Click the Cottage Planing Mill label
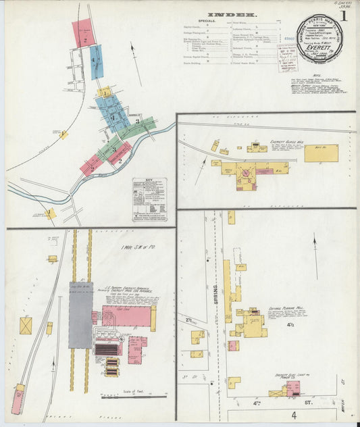coord(282,311)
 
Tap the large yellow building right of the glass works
coord(321,153)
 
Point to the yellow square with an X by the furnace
coord(26,325)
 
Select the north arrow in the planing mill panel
coord(315,246)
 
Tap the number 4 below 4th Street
coord(294,414)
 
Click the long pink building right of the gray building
coord(126,316)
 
